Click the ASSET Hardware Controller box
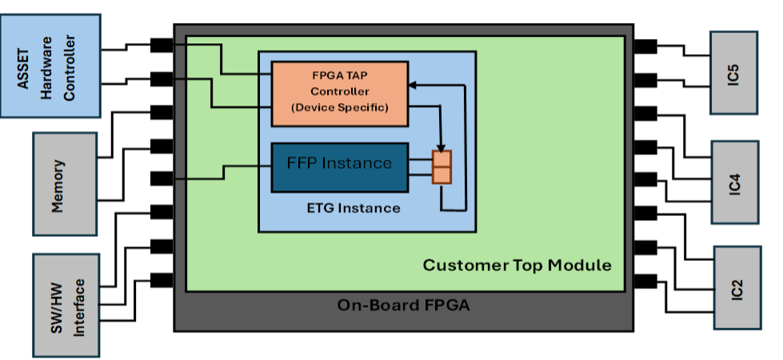click(x=50, y=66)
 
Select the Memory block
click(x=65, y=184)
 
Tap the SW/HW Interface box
click(x=66, y=306)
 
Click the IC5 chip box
click(x=733, y=73)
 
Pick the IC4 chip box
click(x=734, y=182)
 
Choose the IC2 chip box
click(x=737, y=288)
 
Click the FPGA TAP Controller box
click(x=340, y=94)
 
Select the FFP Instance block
click(x=340, y=167)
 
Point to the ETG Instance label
click(x=354, y=208)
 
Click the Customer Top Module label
click(x=517, y=265)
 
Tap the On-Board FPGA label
click(x=403, y=305)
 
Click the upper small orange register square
click(x=442, y=158)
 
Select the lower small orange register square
click(x=442, y=175)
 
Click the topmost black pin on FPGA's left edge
click(x=162, y=46)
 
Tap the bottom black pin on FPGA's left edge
click(x=162, y=280)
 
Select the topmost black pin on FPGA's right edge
click(x=645, y=46)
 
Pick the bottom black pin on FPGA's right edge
click(x=645, y=282)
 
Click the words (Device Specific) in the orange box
click(x=340, y=107)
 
